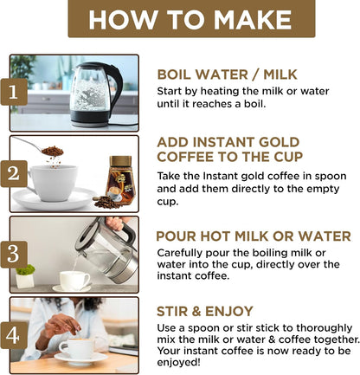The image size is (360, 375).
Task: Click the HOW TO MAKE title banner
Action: (x=191, y=18)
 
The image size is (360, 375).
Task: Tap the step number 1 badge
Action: (x=14, y=92)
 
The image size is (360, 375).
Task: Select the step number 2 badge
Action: (x=14, y=173)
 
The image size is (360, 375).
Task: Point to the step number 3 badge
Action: (x=14, y=255)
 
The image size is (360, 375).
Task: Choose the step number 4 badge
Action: (x=14, y=335)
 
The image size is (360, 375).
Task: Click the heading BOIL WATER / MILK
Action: (x=227, y=74)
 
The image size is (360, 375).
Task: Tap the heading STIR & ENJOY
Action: (x=205, y=312)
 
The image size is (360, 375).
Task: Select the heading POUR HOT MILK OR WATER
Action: (x=254, y=236)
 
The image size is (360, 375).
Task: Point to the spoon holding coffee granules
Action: (x=41, y=146)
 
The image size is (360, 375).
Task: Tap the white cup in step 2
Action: (x=52, y=183)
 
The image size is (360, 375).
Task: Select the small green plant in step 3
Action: (x=25, y=270)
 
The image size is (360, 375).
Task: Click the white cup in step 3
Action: (x=74, y=281)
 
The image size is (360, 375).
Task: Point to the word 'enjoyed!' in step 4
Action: (x=178, y=362)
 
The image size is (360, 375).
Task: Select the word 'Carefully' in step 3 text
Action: (x=180, y=253)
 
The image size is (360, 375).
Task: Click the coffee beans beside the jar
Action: (x=106, y=202)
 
